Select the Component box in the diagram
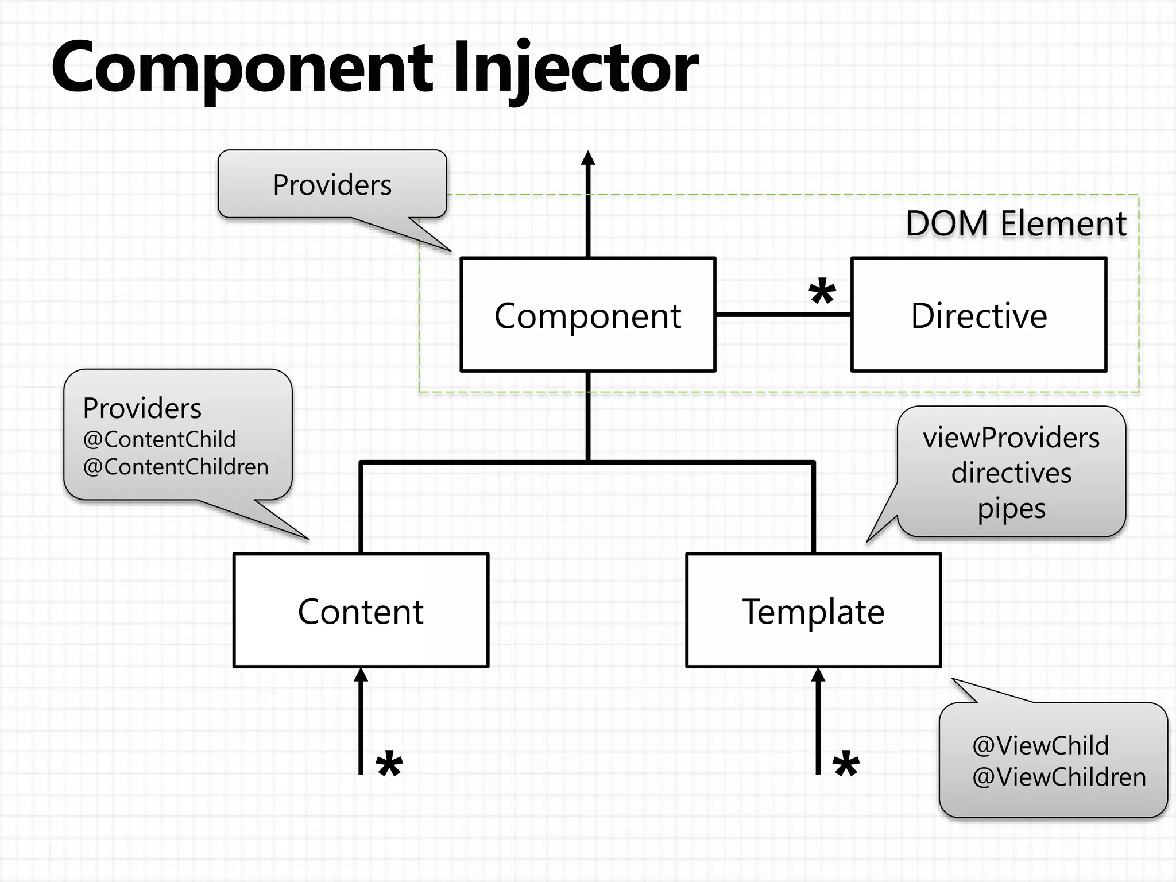pyautogui.click(x=587, y=315)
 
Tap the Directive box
pyautogui.click(x=978, y=315)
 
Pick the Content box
pyautogui.click(x=361, y=610)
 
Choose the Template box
pyautogui.click(x=813, y=610)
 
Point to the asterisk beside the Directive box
pyautogui.click(x=822, y=294)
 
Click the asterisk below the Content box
pyautogui.click(x=389, y=765)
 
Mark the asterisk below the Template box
pyautogui.click(x=846, y=765)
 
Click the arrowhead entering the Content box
pyautogui.click(x=361, y=675)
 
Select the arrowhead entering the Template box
pyautogui.click(x=818, y=675)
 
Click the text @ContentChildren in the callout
pyautogui.click(x=176, y=467)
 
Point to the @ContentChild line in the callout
pyautogui.click(x=159, y=439)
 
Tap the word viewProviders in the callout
pyautogui.click(x=1011, y=438)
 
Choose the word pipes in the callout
pyautogui.click(x=1011, y=509)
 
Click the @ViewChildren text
pyautogui.click(x=1059, y=777)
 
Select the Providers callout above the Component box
pyautogui.click(x=332, y=185)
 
